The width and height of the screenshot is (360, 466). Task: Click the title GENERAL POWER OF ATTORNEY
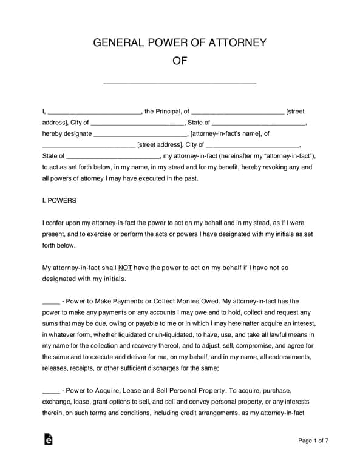click(180, 42)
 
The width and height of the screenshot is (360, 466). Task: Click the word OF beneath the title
click(180, 61)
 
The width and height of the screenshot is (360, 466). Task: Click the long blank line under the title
click(180, 83)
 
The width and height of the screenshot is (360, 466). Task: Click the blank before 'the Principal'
click(93, 112)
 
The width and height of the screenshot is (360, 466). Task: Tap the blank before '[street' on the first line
click(237, 112)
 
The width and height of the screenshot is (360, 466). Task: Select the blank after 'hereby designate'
click(140, 134)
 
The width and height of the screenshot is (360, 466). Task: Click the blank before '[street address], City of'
click(89, 146)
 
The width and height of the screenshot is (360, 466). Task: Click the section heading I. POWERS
click(59, 200)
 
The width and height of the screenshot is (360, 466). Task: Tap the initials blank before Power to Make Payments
click(50, 302)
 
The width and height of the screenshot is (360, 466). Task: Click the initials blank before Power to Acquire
click(50, 391)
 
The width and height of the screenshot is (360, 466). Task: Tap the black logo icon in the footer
click(49, 440)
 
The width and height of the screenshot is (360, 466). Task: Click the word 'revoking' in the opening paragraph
click(259, 167)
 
